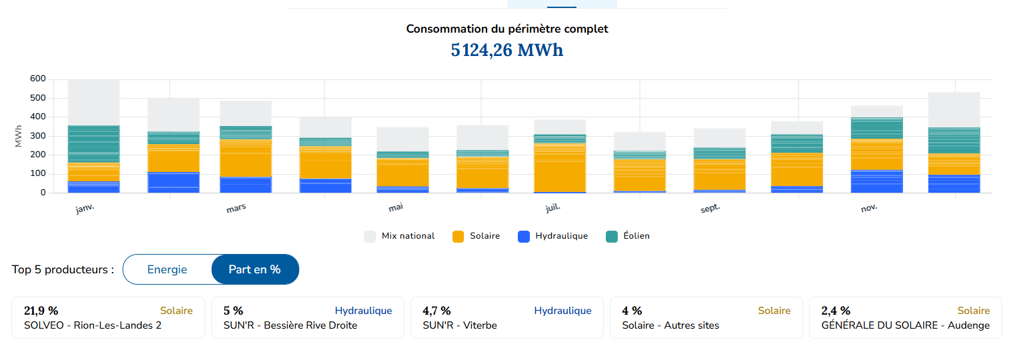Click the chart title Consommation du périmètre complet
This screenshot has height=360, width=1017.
point(507,29)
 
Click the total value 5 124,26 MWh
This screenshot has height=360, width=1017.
point(507,50)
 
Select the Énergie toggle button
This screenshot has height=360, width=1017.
point(167,269)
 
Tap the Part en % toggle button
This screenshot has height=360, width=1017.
point(255,269)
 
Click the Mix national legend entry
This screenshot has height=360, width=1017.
point(399,236)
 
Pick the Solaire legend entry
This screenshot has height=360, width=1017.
point(476,236)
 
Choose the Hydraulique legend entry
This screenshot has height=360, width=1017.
point(552,236)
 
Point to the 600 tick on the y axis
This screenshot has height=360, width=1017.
point(38,79)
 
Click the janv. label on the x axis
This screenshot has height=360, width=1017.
point(85,209)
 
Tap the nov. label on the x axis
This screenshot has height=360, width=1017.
point(869,209)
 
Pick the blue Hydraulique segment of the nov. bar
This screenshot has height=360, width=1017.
point(876,181)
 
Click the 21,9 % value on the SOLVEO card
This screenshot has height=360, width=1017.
point(41,311)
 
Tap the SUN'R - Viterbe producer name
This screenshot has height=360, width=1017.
point(460,325)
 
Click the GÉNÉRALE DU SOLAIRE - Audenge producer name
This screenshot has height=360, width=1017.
point(905,325)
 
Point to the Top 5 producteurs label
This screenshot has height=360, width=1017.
point(63,270)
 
